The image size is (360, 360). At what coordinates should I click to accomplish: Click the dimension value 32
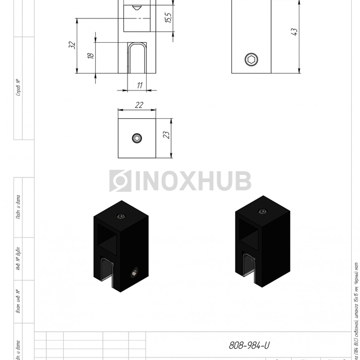(72, 45)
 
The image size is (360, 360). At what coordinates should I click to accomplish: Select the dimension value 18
(91, 55)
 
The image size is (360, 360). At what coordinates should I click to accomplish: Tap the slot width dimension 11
(139, 85)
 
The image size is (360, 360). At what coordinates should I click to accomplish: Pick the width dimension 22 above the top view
(139, 105)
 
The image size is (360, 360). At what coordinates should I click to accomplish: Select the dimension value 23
(166, 135)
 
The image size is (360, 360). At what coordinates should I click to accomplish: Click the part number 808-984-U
(249, 346)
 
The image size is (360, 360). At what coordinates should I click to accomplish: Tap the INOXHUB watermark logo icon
(120, 181)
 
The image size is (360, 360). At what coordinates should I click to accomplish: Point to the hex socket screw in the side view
(250, 60)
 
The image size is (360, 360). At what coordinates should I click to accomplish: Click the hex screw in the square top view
(137, 138)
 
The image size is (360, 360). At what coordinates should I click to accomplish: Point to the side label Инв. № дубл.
(19, 260)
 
